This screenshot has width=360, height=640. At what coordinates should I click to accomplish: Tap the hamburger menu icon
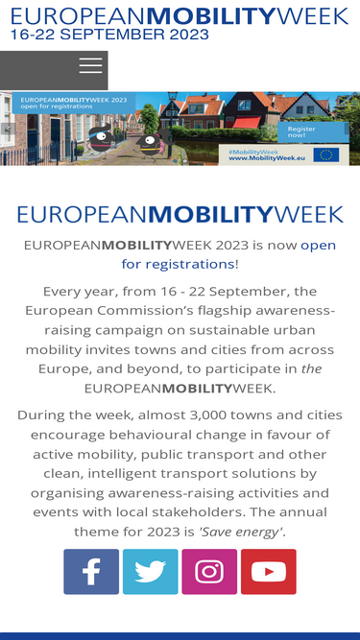click(x=90, y=66)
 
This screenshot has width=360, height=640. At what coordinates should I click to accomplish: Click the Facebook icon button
click(x=91, y=572)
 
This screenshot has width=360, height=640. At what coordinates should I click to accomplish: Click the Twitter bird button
click(x=150, y=572)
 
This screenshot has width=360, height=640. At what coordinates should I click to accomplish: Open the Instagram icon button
click(x=209, y=572)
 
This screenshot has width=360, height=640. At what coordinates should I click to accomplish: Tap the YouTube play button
click(x=269, y=572)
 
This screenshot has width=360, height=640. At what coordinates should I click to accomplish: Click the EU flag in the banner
click(x=326, y=154)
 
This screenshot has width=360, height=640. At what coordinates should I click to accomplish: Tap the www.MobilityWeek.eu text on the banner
click(x=267, y=158)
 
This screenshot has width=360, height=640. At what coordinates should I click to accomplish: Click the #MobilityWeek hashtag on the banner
click(x=254, y=151)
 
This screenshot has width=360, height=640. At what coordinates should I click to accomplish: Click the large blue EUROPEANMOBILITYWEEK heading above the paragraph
click(x=180, y=214)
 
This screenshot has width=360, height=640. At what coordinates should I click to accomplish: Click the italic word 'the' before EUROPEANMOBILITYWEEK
click(x=312, y=368)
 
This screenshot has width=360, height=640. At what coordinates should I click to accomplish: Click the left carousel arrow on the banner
click(x=6, y=129)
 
